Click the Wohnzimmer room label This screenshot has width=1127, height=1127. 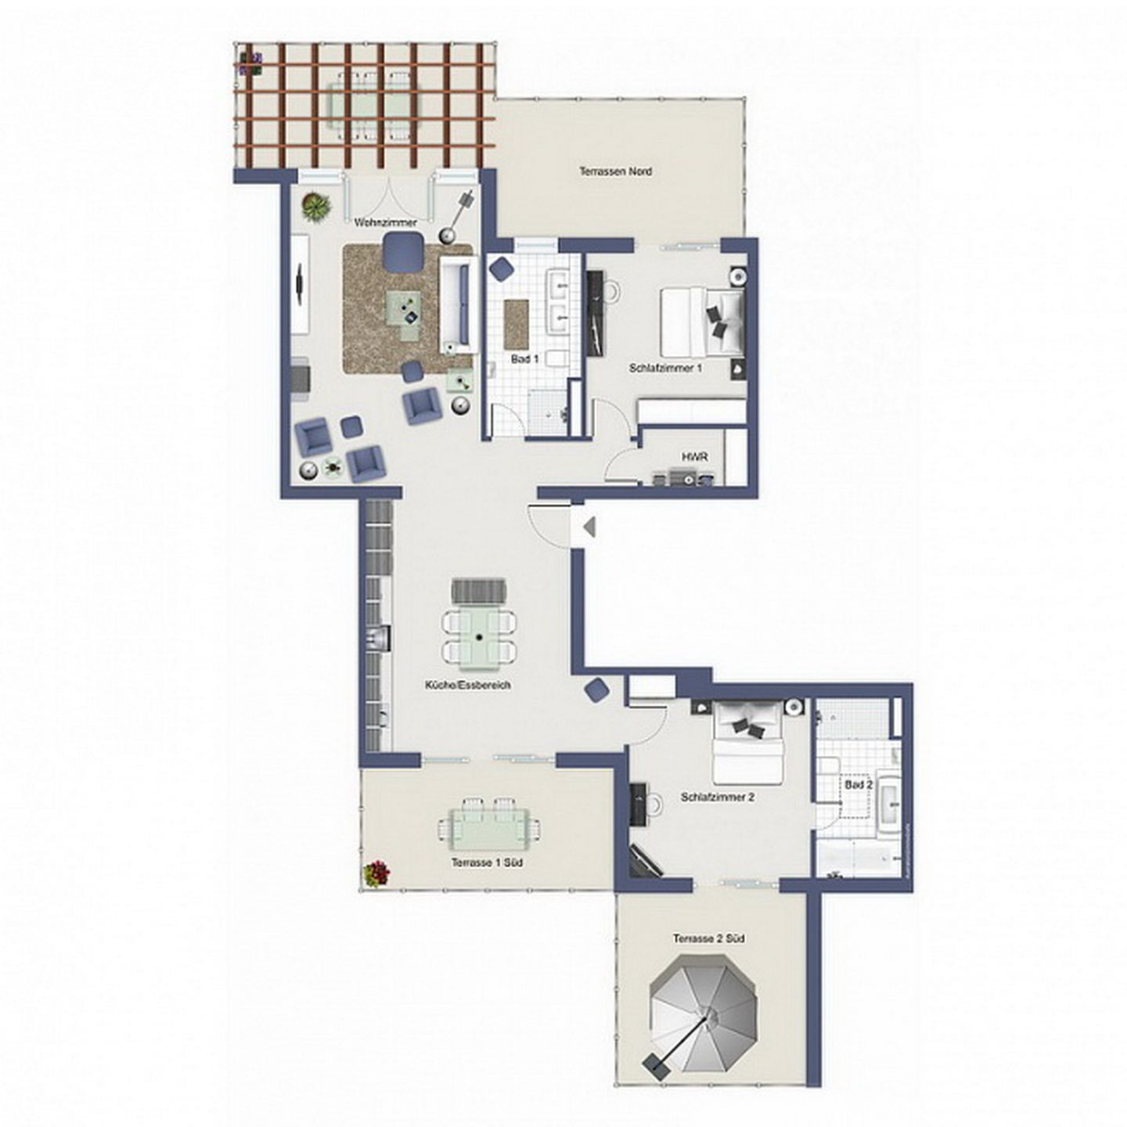click(385, 223)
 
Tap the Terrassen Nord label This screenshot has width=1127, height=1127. click(615, 171)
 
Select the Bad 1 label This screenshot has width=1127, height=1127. click(524, 359)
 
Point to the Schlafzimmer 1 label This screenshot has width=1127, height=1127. click(665, 367)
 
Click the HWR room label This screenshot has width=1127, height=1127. click(690, 455)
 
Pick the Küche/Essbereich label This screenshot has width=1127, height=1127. click(467, 685)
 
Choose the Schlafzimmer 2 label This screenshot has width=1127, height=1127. click(717, 798)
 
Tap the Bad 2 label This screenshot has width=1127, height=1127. click(858, 784)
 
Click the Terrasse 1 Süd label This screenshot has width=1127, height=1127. click(487, 862)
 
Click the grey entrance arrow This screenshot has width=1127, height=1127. click(589, 527)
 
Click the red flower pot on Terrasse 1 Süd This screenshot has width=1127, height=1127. click(376, 873)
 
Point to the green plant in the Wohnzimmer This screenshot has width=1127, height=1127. click(315, 207)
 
